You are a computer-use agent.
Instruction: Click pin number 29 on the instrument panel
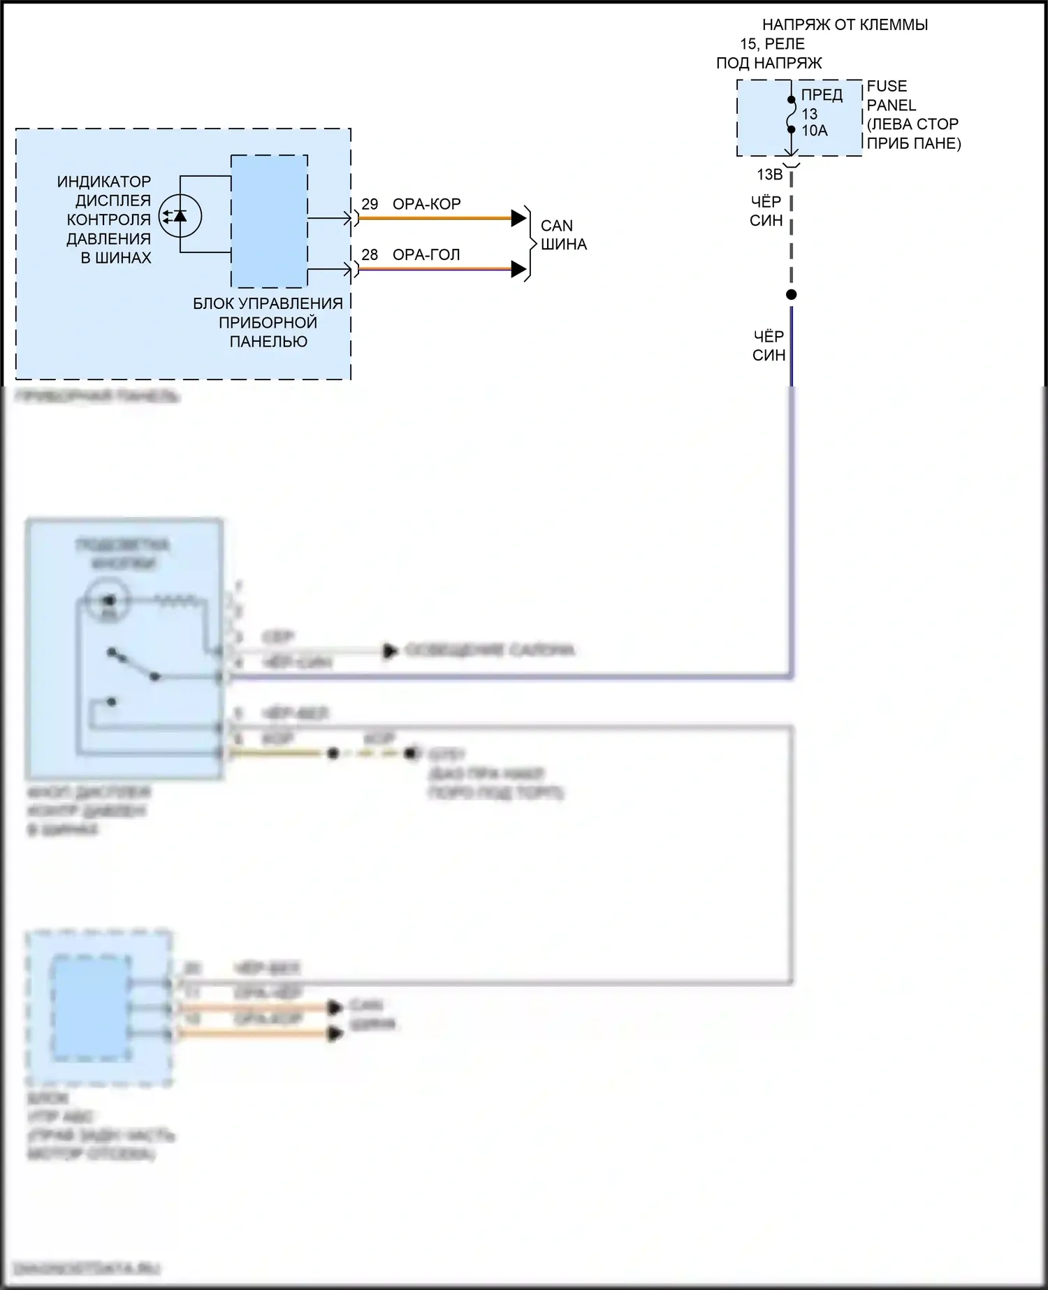(370, 204)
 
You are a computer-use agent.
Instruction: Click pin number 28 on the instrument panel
(370, 255)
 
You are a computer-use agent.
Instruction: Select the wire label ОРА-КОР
(426, 204)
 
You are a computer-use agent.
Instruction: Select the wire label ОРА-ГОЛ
(426, 255)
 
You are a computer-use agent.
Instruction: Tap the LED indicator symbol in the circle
(180, 216)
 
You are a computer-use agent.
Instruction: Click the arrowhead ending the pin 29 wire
(518, 218)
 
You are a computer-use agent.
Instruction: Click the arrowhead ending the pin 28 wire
(518, 269)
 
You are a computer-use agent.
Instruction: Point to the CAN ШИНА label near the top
(563, 235)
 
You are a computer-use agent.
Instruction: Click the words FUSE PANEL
(891, 96)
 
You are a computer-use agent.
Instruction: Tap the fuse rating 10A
(814, 131)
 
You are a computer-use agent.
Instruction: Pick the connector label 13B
(769, 175)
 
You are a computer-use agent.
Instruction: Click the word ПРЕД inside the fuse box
(822, 95)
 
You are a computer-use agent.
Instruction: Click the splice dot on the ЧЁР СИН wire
(791, 295)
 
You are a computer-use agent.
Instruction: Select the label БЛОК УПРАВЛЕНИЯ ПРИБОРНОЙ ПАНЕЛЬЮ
(268, 322)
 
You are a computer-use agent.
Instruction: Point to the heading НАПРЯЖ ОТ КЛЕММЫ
(845, 25)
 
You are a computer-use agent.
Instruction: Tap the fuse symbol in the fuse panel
(791, 115)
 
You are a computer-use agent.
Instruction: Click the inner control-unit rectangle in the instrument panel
(269, 221)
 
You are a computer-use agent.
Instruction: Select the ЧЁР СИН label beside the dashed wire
(766, 211)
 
